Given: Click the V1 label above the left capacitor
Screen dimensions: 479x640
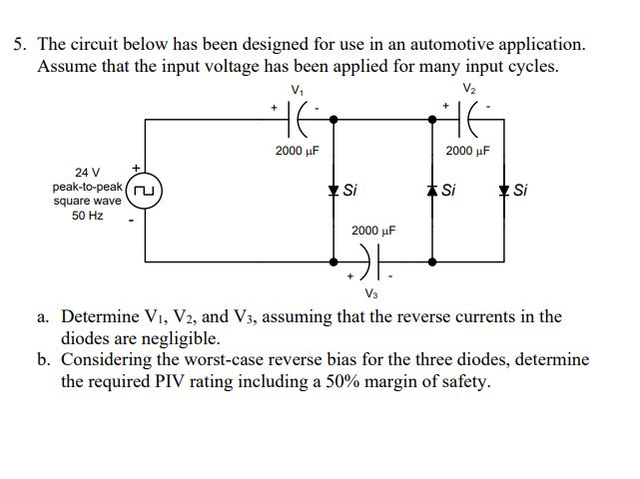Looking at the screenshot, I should tap(297, 91).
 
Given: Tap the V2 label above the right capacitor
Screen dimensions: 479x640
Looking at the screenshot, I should tap(469, 91).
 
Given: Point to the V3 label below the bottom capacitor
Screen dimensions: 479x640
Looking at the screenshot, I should tap(371, 293).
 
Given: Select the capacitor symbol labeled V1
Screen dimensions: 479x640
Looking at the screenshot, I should tap(297, 120).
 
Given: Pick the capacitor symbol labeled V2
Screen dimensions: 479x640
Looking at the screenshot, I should tap(469, 120).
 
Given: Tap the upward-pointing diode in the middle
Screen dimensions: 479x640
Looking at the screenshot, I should tap(431, 190).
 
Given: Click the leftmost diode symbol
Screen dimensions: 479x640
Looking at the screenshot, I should tap(332, 190).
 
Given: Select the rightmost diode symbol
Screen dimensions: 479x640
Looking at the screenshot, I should tap(505, 190).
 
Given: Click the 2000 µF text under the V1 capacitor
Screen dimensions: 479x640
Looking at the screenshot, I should tap(297, 151).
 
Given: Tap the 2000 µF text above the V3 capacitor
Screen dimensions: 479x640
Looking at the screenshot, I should tap(373, 230).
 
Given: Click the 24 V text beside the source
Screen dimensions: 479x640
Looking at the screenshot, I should tap(88, 172).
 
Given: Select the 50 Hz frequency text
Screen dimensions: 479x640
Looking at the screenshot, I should tap(88, 215).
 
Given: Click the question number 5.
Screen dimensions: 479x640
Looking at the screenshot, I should tap(19, 45).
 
